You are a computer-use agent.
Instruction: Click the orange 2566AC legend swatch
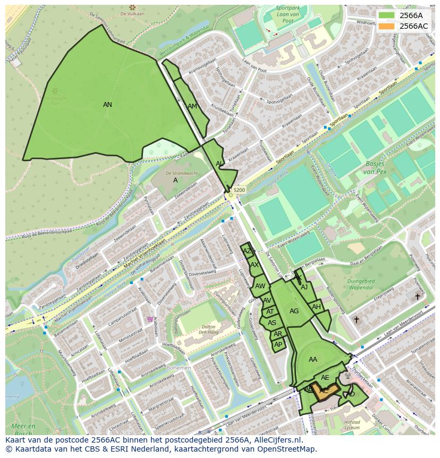click(387, 26)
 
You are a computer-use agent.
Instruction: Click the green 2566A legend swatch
click(387, 15)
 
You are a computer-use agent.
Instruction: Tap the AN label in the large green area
click(107, 105)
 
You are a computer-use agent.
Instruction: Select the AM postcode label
click(192, 106)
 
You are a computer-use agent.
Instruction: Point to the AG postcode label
click(294, 311)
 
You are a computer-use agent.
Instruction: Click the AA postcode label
click(313, 360)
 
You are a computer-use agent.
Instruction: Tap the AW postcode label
click(260, 286)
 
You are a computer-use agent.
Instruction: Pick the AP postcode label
click(278, 345)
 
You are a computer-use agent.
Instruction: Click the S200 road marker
click(239, 190)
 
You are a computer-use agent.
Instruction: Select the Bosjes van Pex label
click(375, 168)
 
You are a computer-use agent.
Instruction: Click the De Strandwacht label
click(182, 173)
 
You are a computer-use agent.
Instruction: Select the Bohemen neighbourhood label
click(179, 368)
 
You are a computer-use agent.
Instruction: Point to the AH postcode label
click(316, 307)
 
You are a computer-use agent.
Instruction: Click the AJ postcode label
click(304, 287)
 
